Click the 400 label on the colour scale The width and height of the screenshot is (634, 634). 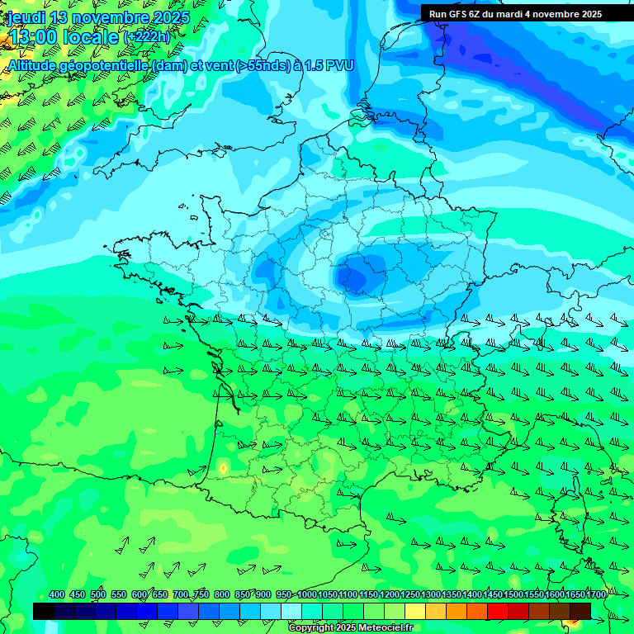57,595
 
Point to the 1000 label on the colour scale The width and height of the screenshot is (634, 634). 307,595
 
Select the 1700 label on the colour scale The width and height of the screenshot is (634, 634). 575,595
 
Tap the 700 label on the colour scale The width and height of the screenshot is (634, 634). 181,595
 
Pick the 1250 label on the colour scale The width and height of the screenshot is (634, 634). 410,595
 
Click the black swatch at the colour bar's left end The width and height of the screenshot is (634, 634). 44,611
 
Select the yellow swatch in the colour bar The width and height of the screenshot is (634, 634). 415,611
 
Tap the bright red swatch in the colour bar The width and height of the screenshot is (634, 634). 498,611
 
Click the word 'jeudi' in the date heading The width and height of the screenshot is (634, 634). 27,17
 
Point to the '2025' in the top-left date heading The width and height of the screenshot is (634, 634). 171,17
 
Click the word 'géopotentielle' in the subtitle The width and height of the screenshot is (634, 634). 106,64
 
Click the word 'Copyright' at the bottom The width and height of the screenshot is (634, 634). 312,628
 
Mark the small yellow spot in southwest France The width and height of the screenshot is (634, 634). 223,468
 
